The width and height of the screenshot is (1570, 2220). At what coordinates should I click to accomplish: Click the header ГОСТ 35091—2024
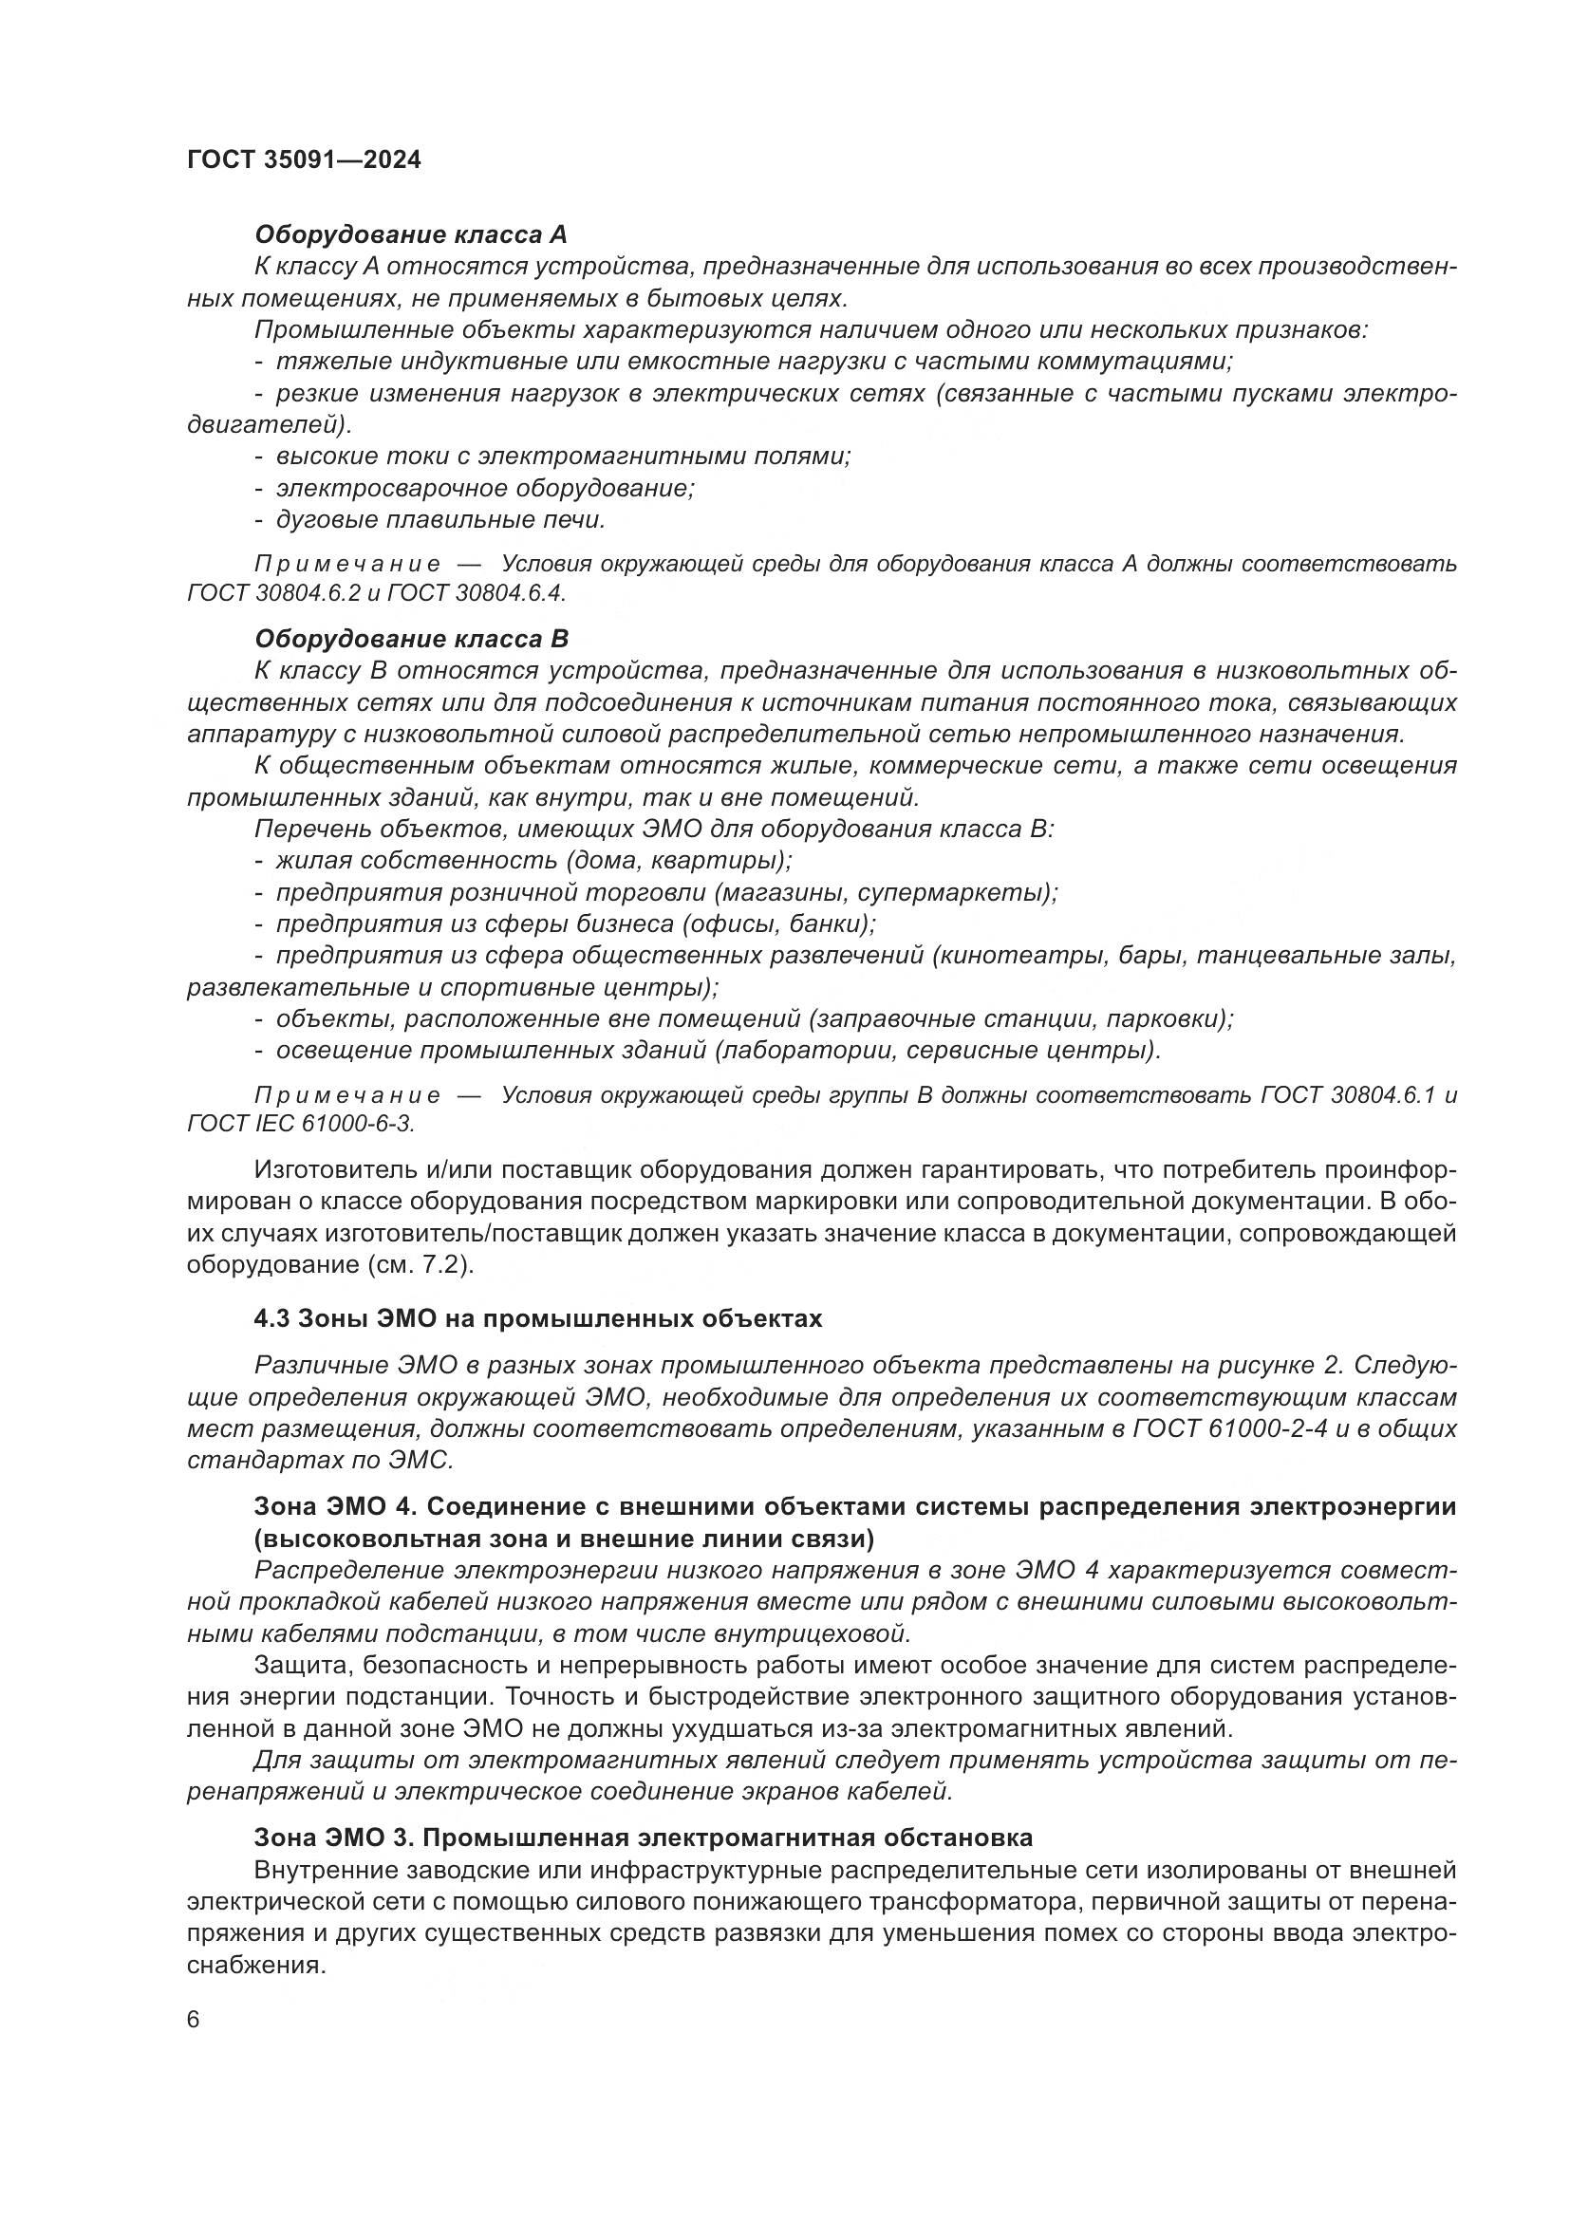pos(304,159)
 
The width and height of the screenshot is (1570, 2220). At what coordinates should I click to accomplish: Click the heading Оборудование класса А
pos(410,235)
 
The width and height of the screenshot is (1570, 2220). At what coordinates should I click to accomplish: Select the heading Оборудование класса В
pos(411,639)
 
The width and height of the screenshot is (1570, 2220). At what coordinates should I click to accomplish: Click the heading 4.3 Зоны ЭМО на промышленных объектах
pos(537,1319)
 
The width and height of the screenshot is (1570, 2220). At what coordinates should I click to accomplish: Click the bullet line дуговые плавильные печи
pos(439,520)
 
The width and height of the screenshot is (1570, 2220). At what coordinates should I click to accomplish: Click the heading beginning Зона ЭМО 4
pos(854,1506)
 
